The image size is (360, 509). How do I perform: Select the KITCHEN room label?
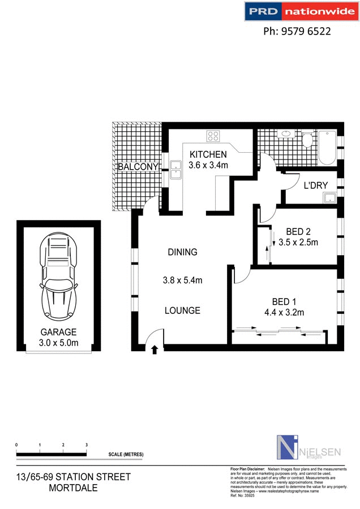tap(208, 154)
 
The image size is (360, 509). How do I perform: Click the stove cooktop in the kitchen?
tap(213, 136)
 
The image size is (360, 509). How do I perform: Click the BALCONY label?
tap(137, 167)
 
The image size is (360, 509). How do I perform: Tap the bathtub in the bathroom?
tap(328, 148)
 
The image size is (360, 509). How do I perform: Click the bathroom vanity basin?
tap(286, 135)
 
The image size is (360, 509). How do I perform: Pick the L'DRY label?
tap(316, 186)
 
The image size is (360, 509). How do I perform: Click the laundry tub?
tap(329, 198)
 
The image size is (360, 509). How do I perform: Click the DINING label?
tap(182, 252)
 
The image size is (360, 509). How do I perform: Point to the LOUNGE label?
tap(182, 310)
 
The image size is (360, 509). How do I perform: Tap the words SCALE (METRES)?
tap(126, 455)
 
